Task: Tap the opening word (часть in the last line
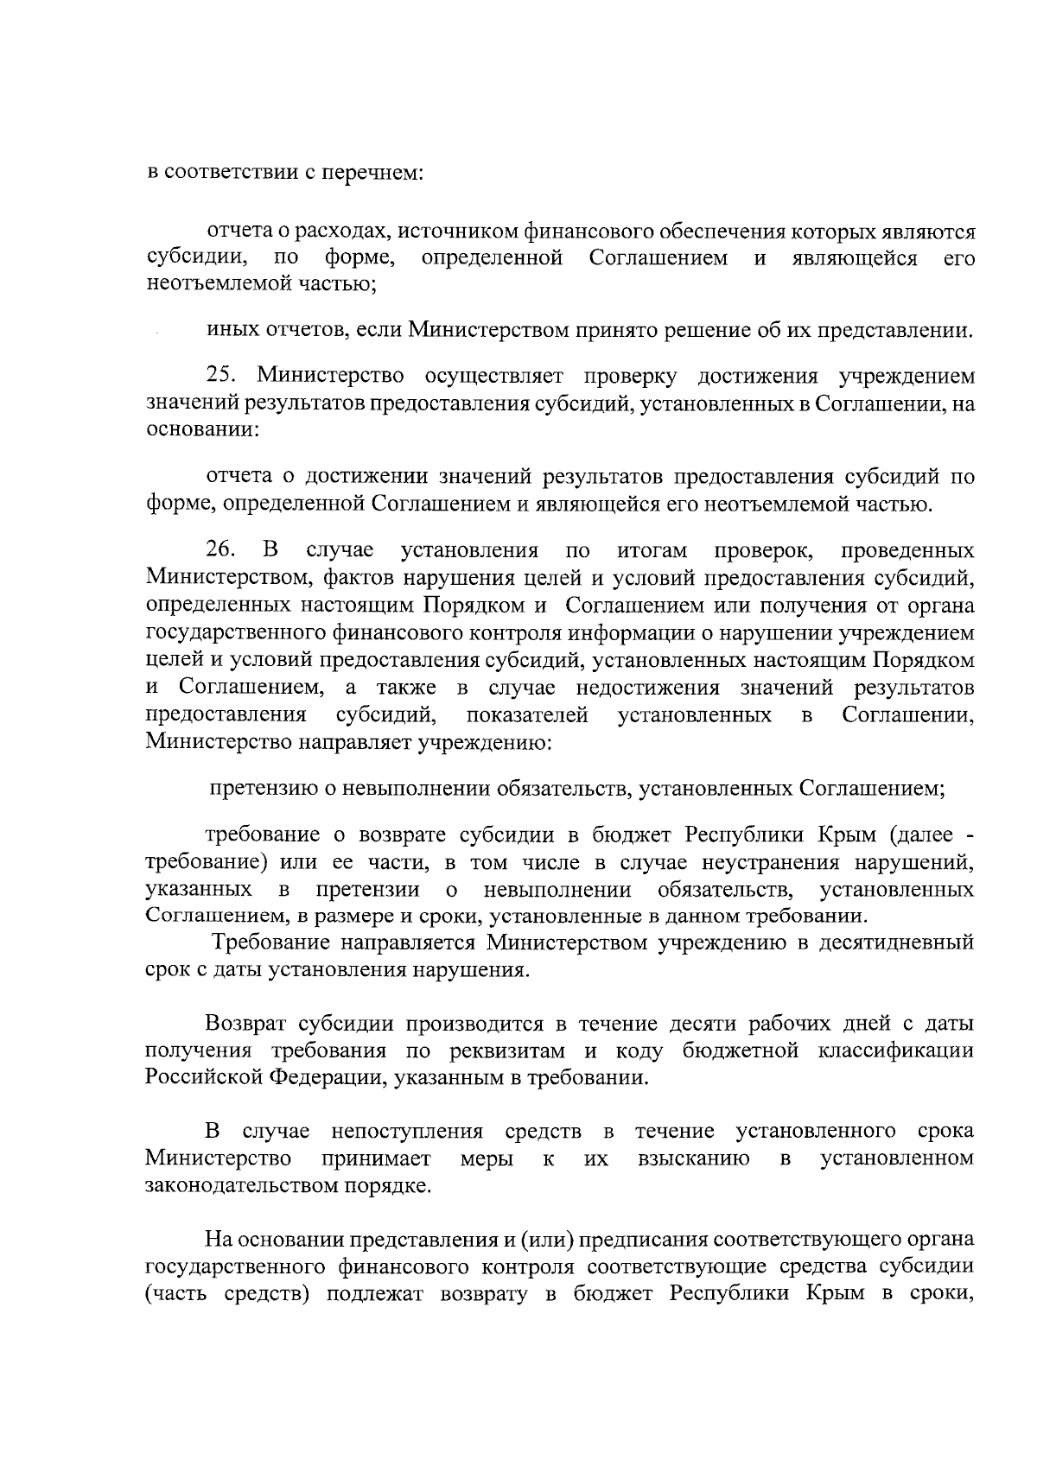[x=176, y=1294]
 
